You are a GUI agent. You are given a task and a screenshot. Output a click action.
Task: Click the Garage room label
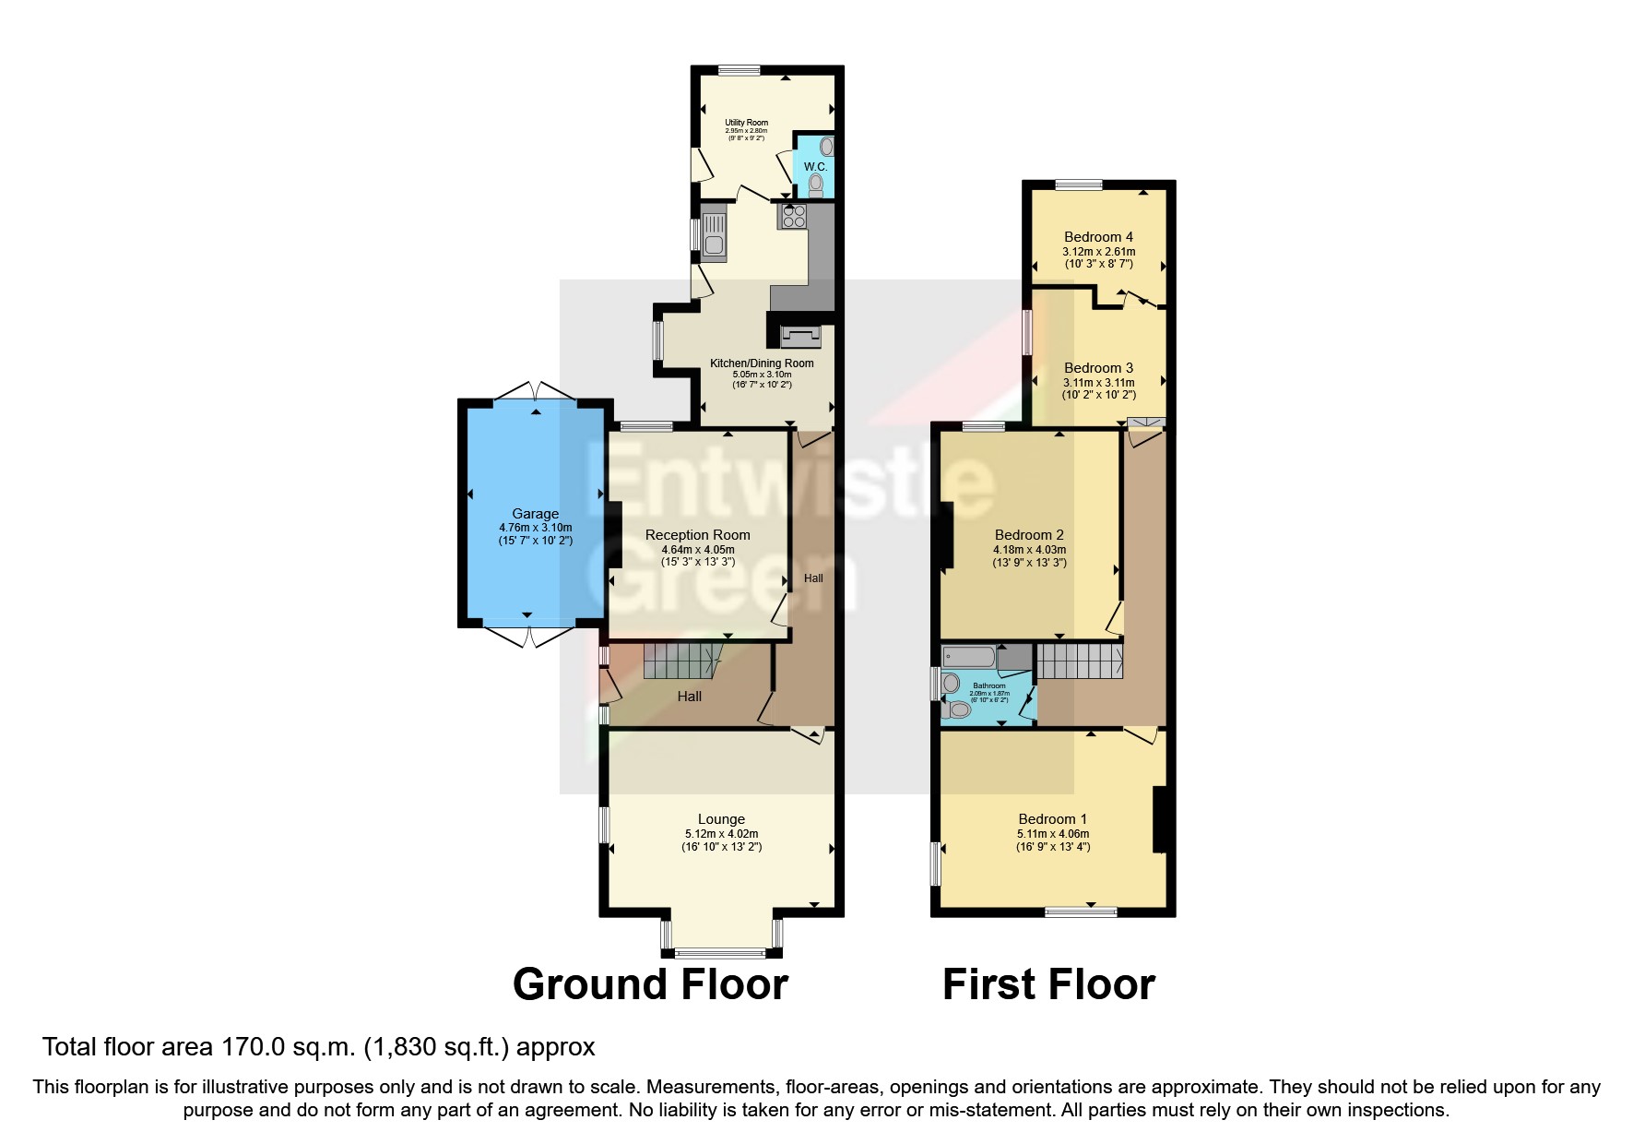point(535,514)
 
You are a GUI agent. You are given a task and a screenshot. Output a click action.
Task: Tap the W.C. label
point(815,167)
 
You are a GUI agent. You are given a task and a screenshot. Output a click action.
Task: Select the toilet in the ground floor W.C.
point(815,185)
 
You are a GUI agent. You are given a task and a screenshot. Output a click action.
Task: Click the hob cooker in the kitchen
point(794,217)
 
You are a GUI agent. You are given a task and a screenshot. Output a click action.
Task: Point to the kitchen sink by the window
point(714,233)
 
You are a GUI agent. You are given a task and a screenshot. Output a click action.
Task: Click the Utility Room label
point(746,123)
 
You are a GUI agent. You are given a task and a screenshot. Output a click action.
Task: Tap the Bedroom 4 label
point(1098,237)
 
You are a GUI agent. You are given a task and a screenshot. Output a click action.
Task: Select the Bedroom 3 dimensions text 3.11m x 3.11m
point(1098,383)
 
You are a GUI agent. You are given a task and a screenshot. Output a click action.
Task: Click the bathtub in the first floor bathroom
point(969,658)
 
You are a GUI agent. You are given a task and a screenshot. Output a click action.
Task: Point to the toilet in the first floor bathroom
point(957,711)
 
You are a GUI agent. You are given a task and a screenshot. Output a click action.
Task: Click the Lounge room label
point(721,819)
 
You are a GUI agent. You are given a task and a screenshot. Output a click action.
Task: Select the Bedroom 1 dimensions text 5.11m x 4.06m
point(1053,834)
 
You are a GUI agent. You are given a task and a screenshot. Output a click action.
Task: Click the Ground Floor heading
point(650,984)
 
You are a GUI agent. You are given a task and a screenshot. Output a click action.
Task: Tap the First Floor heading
point(1048,984)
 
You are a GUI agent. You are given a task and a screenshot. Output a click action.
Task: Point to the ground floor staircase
point(680,662)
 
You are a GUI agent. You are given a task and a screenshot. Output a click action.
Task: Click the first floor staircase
point(1079,662)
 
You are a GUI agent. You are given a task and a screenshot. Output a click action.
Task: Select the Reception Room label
point(697,535)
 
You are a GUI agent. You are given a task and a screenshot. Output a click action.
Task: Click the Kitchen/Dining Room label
point(762,363)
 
